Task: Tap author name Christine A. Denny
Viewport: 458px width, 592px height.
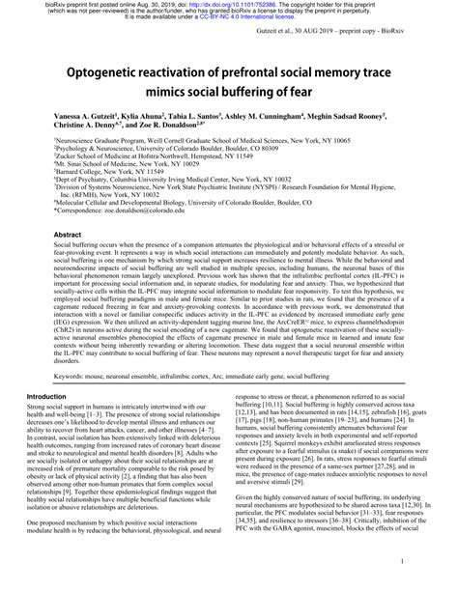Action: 71,126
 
